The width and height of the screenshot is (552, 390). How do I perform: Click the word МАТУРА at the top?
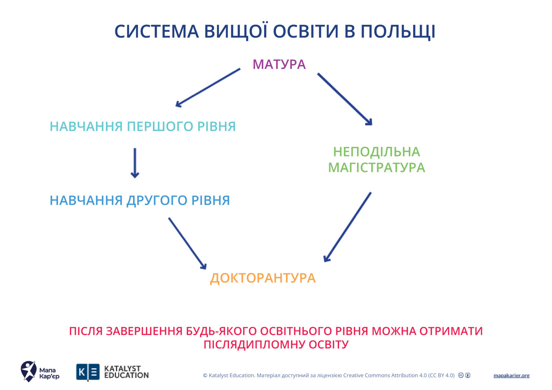tap(279, 64)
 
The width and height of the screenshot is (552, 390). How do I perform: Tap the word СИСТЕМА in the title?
tap(156, 31)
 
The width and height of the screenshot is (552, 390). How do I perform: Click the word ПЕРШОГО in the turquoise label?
tap(160, 126)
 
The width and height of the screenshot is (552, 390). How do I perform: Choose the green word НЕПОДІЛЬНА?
tap(376, 152)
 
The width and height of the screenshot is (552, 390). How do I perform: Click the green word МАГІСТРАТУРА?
tap(376, 168)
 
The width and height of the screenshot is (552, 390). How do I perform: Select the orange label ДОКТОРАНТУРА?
tap(263, 278)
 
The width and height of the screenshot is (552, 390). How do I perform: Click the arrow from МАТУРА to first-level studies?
tap(208, 87)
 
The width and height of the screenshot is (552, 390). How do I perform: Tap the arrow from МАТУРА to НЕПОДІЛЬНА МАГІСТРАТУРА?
tap(345, 99)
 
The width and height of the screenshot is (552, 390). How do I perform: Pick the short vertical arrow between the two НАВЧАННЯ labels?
tap(135, 163)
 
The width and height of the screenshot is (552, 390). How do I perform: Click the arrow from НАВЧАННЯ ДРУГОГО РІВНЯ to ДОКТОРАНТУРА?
tap(187, 243)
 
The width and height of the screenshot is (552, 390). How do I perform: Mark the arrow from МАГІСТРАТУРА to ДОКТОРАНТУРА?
tap(348, 227)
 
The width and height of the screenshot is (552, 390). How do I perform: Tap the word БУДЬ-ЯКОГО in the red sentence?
tap(221, 331)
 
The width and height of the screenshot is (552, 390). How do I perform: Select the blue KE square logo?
tap(88, 372)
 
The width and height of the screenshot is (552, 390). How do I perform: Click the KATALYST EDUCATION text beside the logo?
tap(126, 372)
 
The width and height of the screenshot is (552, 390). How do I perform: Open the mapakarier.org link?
tap(511, 375)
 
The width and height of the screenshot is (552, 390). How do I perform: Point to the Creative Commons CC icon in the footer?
tap(461, 375)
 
